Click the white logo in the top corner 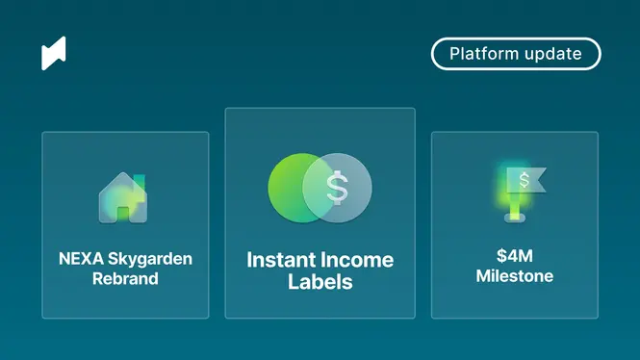54,53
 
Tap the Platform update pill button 516,54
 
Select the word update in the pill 553,54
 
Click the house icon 123,197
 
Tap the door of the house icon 123,215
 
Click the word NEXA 81,259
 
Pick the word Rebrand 125,278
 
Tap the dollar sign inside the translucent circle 337,188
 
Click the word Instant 281,260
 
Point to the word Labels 320,282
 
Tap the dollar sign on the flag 525,180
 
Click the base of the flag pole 515,219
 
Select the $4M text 515,256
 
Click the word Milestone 515,276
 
